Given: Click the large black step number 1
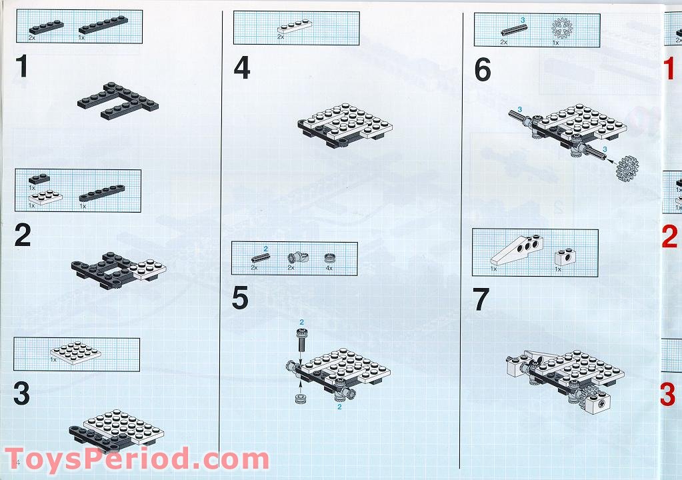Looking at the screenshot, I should coord(23,67).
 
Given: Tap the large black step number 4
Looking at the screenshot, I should coord(241,68).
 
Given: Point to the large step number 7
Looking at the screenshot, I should coord(481,301).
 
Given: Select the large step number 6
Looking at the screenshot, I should coord(482,70).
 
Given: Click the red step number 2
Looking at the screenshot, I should coord(669,236).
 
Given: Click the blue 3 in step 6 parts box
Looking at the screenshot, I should coord(522,20).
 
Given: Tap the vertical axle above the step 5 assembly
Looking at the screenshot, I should coord(301,340).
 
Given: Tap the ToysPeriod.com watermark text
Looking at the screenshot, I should coord(136,460).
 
